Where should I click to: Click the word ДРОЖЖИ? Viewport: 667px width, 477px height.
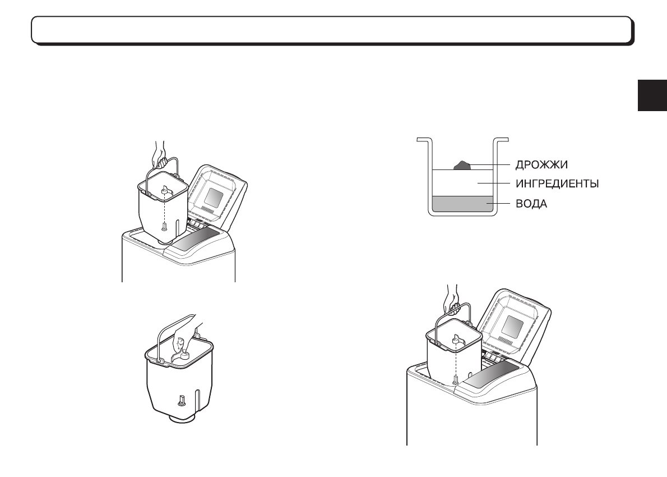542,165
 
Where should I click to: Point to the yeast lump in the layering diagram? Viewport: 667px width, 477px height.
461,164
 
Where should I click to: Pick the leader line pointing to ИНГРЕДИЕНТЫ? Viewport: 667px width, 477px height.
493,184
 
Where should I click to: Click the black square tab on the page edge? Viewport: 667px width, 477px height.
652,97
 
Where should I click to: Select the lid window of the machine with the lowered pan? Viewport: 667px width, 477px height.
513,325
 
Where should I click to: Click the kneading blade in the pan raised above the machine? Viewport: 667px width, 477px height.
164,192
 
